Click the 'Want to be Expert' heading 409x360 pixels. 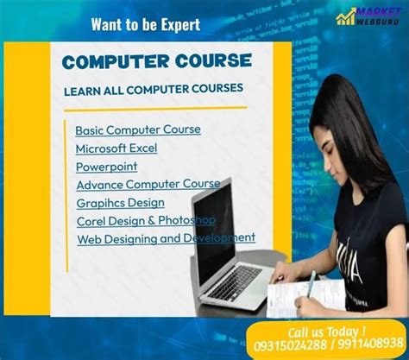(145, 24)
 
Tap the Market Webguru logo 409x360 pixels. (369, 17)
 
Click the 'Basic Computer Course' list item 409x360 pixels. (138, 129)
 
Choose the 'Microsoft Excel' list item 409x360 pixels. (116, 148)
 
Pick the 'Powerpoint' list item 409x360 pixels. (106, 166)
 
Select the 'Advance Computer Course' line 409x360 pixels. (148, 184)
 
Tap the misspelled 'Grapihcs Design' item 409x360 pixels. (120, 202)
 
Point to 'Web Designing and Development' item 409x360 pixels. (166, 238)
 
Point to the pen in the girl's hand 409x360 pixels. (311, 281)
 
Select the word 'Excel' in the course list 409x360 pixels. (140, 148)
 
